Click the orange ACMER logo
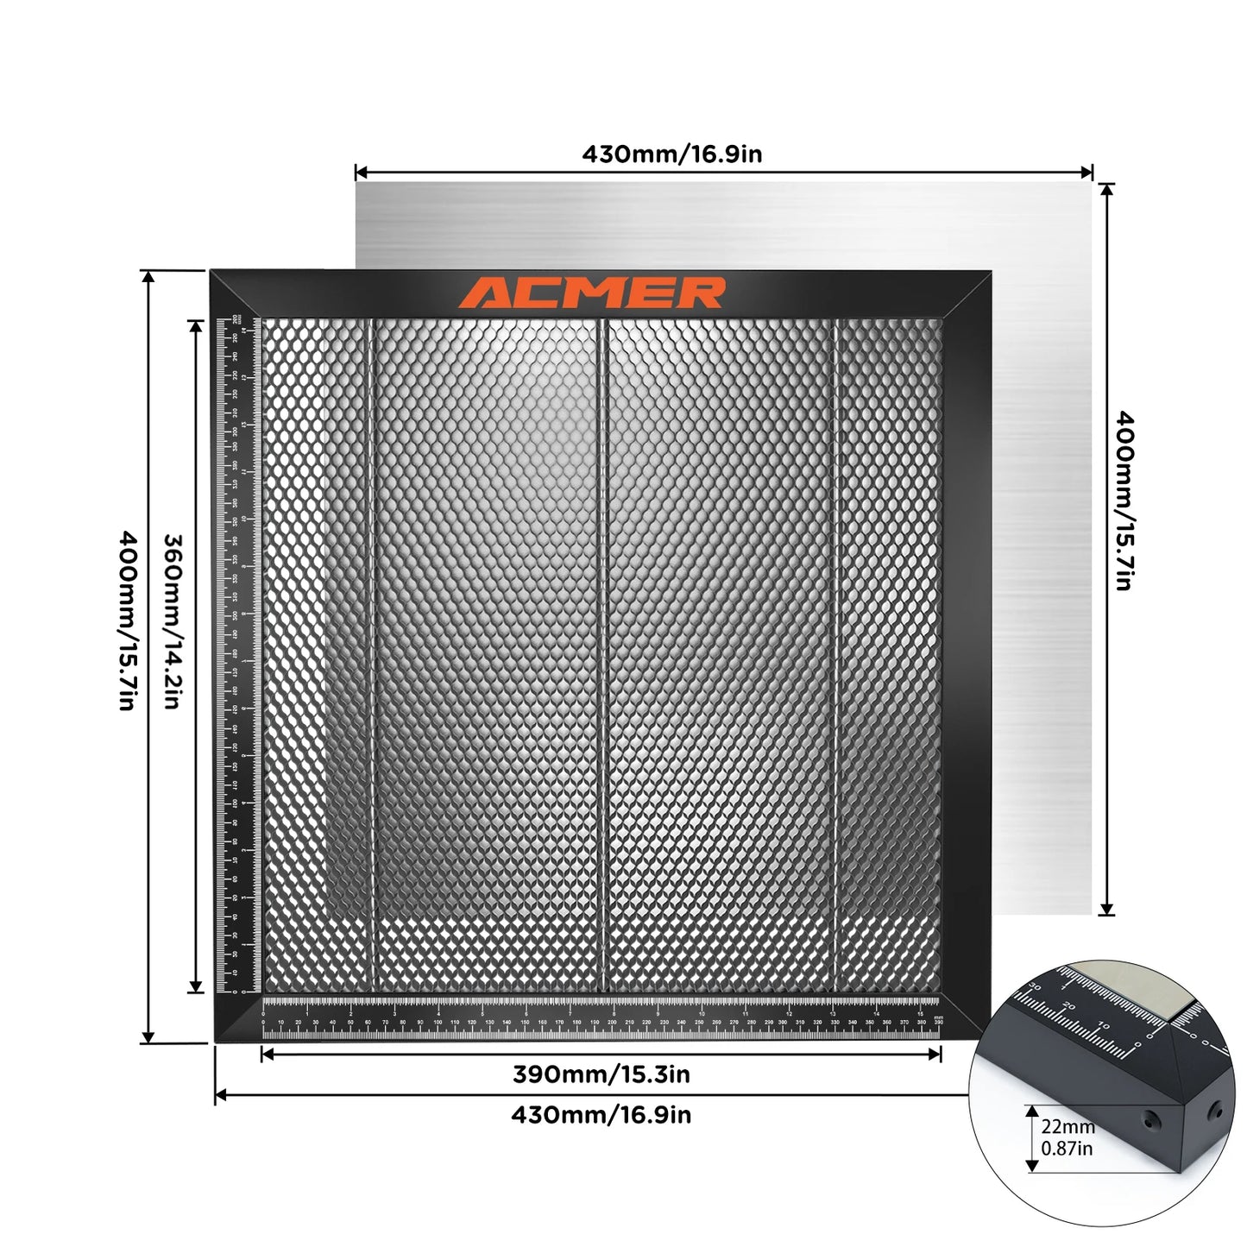pyautogui.click(x=591, y=293)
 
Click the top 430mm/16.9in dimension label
pyautogui.click(x=671, y=154)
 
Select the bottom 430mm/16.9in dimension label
pyautogui.click(x=601, y=1115)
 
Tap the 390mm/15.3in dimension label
pyautogui.click(x=601, y=1074)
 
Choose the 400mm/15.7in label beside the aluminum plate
pyautogui.click(x=1124, y=501)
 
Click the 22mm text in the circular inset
pyautogui.click(x=1068, y=1127)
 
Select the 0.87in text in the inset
pyautogui.click(x=1067, y=1149)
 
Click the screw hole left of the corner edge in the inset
pyautogui.click(x=1150, y=1121)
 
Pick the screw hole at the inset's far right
pyautogui.click(x=1216, y=1108)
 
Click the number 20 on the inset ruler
pyautogui.click(x=1070, y=1006)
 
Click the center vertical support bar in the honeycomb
pyautogui.click(x=604, y=656)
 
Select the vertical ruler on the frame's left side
pyautogui.click(x=235, y=656)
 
